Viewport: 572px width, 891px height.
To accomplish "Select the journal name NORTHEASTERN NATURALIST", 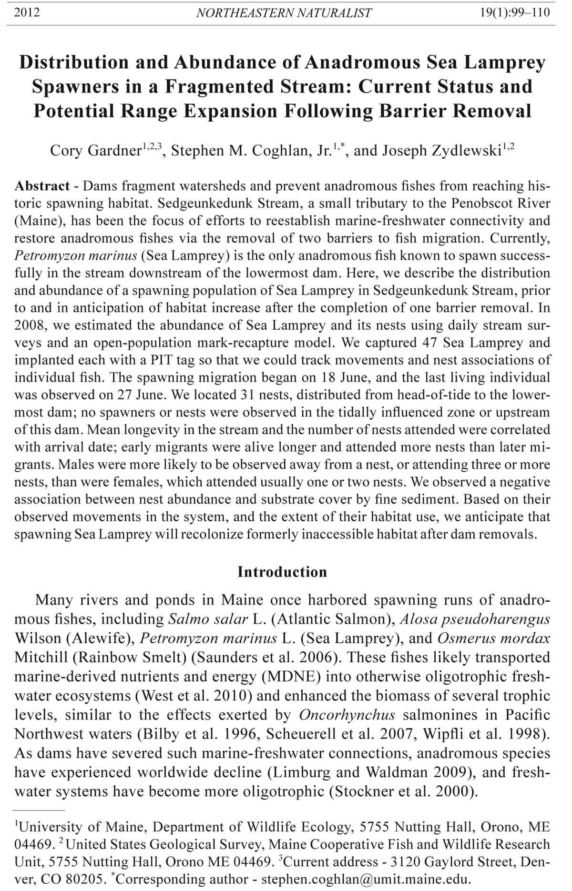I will pyautogui.click(x=284, y=13).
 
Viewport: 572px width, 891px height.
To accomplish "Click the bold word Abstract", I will pyautogui.click(x=42, y=186).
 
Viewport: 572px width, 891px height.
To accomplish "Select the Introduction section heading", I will pyautogui.click(x=282, y=572).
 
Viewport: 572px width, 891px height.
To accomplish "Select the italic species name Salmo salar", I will pyautogui.click(x=208, y=619).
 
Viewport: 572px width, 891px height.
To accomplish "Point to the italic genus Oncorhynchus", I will pyautogui.click(x=347, y=715).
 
